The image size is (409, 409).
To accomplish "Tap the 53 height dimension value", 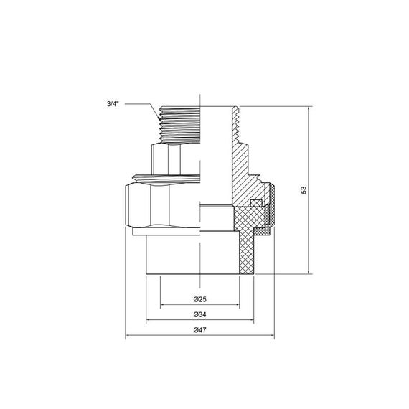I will click(304, 190).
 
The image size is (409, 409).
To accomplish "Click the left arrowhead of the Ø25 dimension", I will click(163, 304).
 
